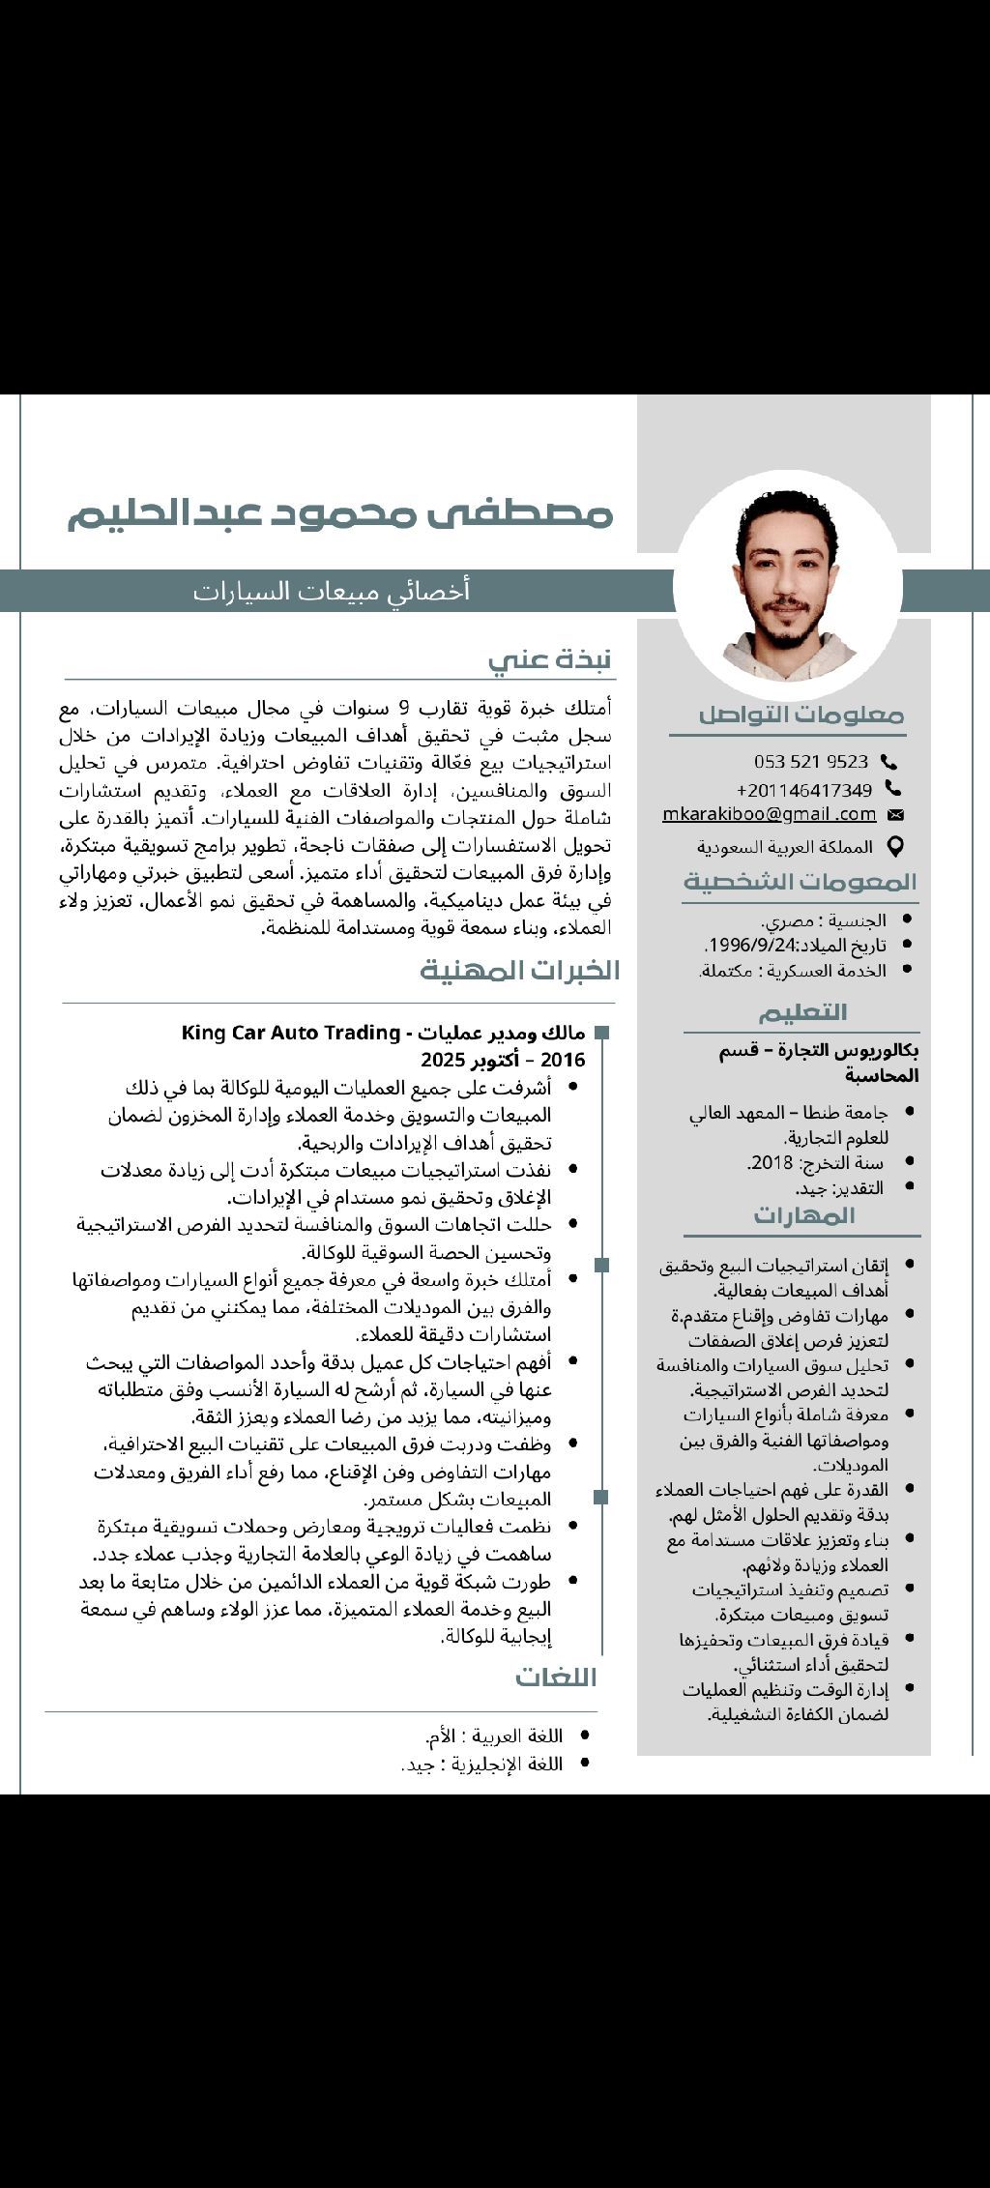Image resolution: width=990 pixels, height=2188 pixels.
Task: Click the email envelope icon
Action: tap(895, 815)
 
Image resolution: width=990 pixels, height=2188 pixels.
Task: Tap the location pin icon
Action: tap(895, 846)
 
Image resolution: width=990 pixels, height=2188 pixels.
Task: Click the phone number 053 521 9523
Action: tap(811, 762)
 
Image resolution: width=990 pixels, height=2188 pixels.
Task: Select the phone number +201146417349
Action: tap(804, 789)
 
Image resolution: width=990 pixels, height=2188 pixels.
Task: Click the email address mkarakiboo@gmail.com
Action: tap(770, 815)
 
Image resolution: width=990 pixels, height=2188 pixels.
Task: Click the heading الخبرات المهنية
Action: tap(519, 970)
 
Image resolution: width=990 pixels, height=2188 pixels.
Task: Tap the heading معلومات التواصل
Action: tap(801, 715)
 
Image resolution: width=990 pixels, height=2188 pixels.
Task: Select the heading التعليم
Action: tap(802, 1012)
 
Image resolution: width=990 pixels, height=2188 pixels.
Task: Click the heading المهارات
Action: tap(804, 1215)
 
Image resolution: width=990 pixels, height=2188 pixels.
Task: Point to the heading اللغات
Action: tap(556, 1677)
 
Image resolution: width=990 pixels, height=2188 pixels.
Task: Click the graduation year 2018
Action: tap(770, 1162)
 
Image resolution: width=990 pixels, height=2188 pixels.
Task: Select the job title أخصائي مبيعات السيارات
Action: tap(332, 591)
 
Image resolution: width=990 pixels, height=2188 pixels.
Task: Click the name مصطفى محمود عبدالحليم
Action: tap(340, 514)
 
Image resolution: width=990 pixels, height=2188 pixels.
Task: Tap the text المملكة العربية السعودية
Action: tap(785, 847)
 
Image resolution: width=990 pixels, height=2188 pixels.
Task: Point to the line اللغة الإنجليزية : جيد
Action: tap(482, 1764)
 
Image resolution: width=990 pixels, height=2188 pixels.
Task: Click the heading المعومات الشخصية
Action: tap(801, 882)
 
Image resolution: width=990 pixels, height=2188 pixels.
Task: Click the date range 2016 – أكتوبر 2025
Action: tap(503, 1060)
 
